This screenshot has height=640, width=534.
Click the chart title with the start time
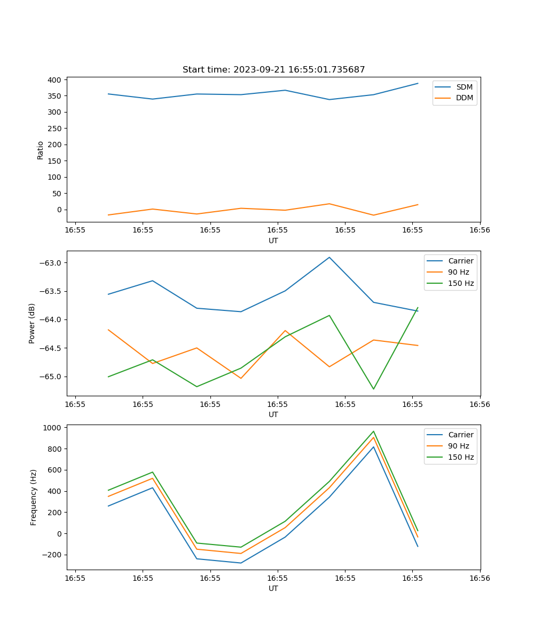click(273, 70)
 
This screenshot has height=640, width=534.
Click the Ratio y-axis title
click(41, 150)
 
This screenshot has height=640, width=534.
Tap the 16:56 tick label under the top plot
click(480, 230)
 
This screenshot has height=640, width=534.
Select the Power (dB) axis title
click(32, 323)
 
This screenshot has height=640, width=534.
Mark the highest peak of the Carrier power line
click(329, 257)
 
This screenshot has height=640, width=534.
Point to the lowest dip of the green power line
click(373, 389)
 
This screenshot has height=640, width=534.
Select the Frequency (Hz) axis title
click(34, 497)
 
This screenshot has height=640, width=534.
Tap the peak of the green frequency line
click(373, 431)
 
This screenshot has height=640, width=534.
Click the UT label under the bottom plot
click(273, 588)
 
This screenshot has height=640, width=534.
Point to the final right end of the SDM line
click(418, 83)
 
